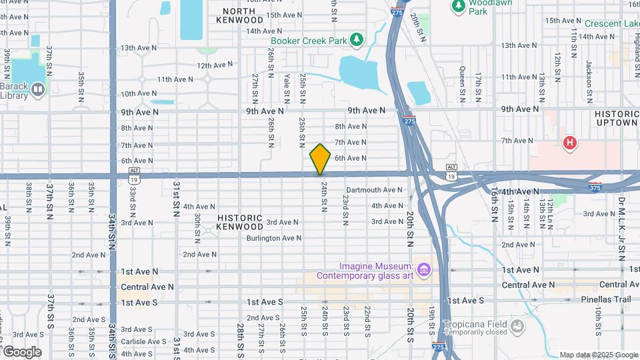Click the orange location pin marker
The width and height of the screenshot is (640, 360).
click(x=320, y=159)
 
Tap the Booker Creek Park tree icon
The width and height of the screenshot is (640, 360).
click(x=357, y=41)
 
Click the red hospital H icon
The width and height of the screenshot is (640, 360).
click(x=569, y=142)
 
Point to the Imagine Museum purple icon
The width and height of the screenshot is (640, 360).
click(x=424, y=269)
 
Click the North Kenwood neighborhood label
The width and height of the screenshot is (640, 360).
click(x=239, y=15)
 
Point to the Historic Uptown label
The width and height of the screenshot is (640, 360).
click(x=617, y=119)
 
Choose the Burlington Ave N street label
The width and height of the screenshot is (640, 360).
click(x=274, y=238)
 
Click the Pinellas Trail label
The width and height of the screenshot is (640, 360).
click(x=603, y=299)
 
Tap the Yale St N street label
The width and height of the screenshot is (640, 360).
click(x=287, y=87)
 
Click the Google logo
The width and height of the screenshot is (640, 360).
click(x=22, y=352)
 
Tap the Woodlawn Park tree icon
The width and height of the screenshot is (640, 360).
click(x=458, y=5)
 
